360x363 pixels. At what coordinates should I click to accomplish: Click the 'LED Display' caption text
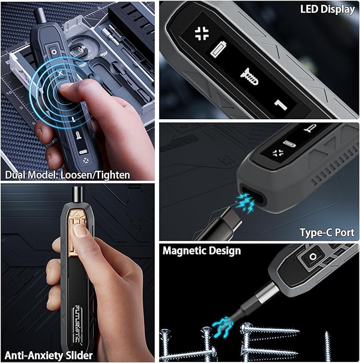click(327, 9)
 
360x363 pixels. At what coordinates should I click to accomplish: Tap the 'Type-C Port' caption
click(327, 233)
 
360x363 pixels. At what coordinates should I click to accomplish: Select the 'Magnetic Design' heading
click(201, 251)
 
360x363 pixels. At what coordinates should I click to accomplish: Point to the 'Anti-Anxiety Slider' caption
click(48, 355)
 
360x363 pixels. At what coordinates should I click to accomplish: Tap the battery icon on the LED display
click(218, 49)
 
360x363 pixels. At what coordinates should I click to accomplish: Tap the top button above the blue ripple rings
click(54, 51)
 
